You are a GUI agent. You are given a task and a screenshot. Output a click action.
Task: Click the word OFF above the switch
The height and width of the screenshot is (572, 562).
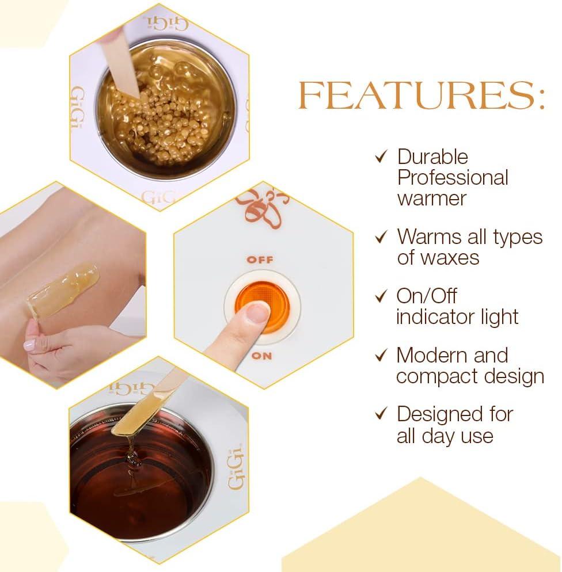(260, 260)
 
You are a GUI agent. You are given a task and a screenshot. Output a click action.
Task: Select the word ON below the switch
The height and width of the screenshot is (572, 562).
(261, 356)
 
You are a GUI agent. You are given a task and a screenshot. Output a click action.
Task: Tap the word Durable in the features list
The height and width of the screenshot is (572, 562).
(432, 157)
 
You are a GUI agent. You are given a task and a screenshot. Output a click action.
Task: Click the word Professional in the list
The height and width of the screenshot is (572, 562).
(453, 178)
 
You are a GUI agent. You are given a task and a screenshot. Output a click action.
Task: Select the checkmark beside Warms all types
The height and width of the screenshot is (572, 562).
(381, 237)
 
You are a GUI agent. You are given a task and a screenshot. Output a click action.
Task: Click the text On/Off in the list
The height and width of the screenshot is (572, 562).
(427, 296)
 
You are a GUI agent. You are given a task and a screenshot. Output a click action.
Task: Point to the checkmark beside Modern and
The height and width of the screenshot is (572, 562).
(381, 355)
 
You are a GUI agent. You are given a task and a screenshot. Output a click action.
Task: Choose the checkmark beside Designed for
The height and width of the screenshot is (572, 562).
(381, 414)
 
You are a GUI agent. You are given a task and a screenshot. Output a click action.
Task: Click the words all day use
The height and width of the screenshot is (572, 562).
(445, 436)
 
